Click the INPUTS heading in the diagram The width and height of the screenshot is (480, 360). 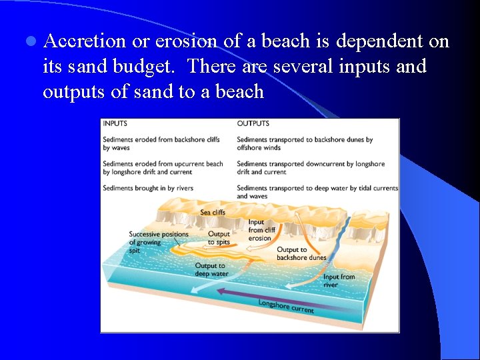[115, 123]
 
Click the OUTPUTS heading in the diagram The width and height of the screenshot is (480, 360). [253, 123]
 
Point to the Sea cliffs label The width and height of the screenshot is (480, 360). [213, 213]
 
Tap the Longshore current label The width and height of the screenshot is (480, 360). [285, 307]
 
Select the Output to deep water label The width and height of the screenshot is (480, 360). [211, 270]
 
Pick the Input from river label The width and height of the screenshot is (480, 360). [339, 281]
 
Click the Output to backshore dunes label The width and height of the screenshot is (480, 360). [301, 254]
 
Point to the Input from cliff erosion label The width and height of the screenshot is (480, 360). [259, 230]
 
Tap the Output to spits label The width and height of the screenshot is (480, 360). [219, 238]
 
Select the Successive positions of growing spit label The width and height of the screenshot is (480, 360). [158, 242]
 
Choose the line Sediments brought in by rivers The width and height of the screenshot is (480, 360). [148, 188]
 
